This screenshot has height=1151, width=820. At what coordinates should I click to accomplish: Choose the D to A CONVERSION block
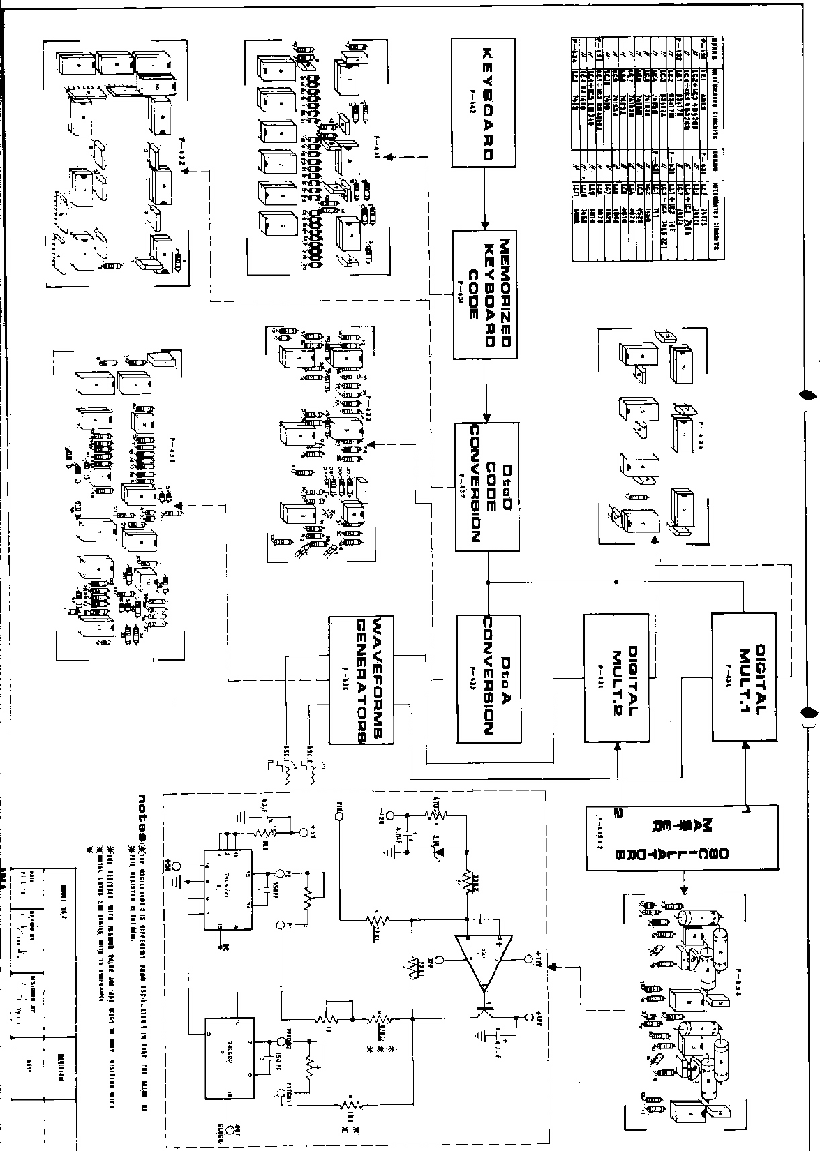click(x=487, y=678)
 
